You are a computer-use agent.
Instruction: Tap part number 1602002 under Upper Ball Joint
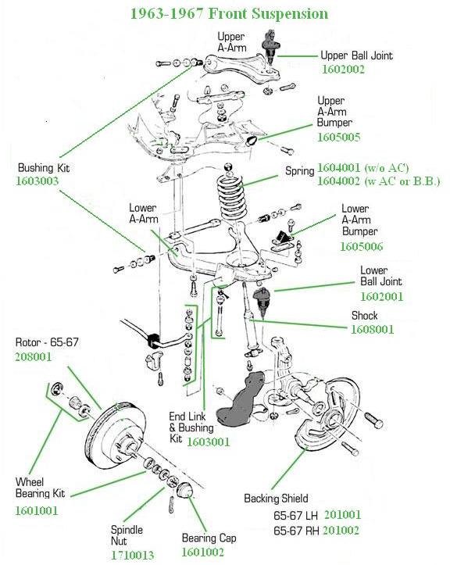pyautogui.click(x=344, y=70)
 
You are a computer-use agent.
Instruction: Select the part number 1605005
pyautogui.click(x=338, y=137)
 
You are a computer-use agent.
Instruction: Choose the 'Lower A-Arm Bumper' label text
pyautogui.click(x=355, y=220)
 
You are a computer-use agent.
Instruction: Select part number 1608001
pyautogui.click(x=372, y=329)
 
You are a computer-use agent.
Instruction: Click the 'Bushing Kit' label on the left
pyautogui.click(x=41, y=167)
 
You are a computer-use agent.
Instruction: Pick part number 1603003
pyautogui.click(x=37, y=181)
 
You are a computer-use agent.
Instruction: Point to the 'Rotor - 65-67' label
pyautogui.click(x=47, y=342)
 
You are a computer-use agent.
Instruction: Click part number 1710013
pyautogui.click(x=133, y=555)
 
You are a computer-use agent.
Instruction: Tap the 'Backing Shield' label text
pyautogui.click(x=276, y=498)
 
